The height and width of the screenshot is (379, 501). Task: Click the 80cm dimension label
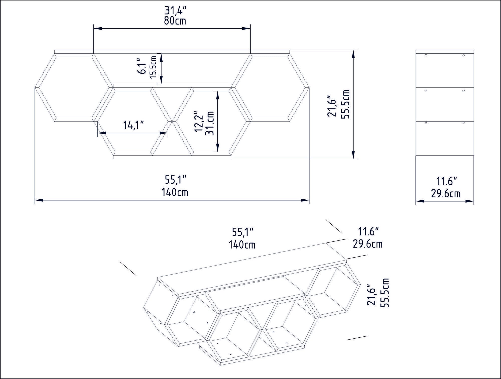(x=175, y=21)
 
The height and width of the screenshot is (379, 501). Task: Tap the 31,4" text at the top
(x=176, y=11)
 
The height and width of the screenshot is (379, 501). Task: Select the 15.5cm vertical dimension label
(x=153, y=67)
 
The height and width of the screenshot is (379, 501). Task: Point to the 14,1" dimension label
(x=134, y=125)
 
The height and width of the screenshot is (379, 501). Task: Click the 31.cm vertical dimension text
(x=210, y=123)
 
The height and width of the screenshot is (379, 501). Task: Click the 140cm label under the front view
(x=175, y=192)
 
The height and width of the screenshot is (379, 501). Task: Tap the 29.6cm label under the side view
(x=446, y=193)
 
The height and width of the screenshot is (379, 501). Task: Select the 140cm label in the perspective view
(x=242, y=244)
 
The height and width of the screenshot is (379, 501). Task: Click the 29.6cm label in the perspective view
(x=367, y=244)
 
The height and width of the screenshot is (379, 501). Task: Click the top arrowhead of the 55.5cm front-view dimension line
(x=353, y=53)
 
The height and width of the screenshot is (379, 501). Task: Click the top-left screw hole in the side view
(x=426, y=55)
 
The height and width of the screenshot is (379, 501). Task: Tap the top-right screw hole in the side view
(x=463, y=55)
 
